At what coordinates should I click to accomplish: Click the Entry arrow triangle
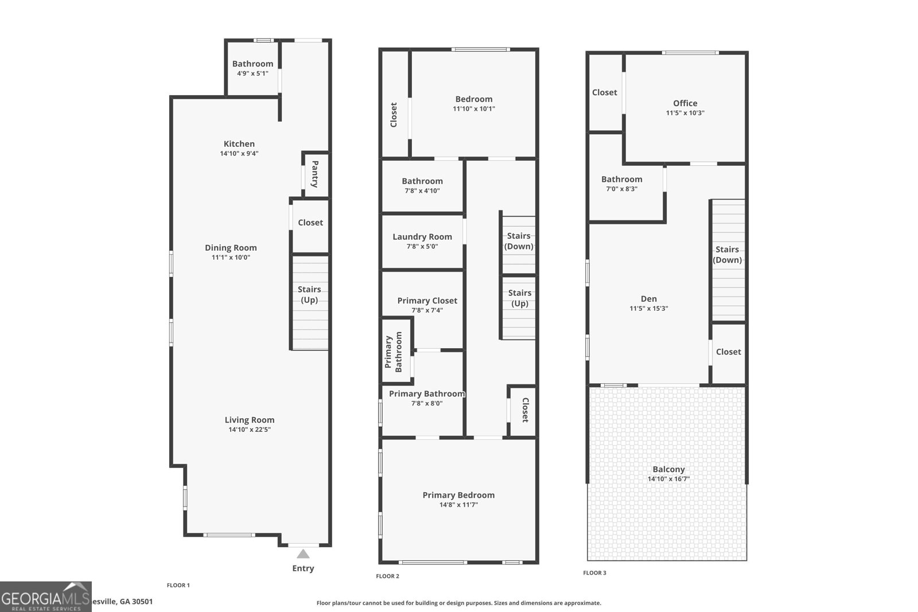[x=303, y=553]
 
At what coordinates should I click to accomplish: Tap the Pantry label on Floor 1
[x=315, y=174]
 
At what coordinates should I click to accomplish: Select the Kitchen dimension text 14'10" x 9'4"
[x=239, y=154]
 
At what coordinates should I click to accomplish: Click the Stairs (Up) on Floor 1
[x=309, y=295]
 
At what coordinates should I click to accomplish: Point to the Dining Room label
[x=231, y=248]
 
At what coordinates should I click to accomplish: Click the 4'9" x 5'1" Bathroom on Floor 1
[x=252, y=68]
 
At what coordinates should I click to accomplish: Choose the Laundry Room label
[x=422, y=237]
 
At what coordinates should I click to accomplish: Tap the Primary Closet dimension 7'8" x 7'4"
[x=427, y=310]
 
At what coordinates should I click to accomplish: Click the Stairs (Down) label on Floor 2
[x=519, y=241]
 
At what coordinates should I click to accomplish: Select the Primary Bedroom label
[x=458, y=495]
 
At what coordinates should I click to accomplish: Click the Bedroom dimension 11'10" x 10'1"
[x=474, y=109]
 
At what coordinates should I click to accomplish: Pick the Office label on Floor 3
[x=685, y=103]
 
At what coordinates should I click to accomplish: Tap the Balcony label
[x=668, y=469]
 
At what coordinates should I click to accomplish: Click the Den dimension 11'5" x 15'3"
[x=649, y=309]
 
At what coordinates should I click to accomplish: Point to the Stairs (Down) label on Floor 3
[x=727, y=255]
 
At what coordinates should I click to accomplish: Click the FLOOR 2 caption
[x=387, y=576]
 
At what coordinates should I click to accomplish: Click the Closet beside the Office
[x=605, y=92]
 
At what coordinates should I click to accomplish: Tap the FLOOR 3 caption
[x=594, y=573]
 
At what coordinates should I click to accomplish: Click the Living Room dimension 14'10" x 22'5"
[x=250, y=430]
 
